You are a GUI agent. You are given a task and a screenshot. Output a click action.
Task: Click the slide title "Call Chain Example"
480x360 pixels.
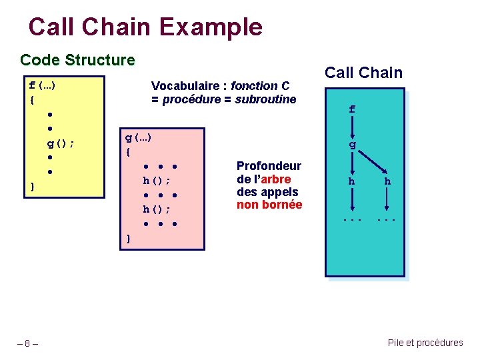(145, 27)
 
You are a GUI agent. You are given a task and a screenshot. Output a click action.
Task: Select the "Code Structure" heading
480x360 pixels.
(77, 61)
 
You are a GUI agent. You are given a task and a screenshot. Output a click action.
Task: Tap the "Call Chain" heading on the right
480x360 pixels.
(363, 73)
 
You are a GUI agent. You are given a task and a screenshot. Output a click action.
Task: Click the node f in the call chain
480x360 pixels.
(352, 109)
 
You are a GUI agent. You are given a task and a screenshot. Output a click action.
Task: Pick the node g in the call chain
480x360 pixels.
(352, 145)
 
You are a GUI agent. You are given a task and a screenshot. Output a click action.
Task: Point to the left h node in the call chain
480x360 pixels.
(352, 181)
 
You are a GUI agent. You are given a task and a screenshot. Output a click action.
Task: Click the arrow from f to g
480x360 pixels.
(352, 127)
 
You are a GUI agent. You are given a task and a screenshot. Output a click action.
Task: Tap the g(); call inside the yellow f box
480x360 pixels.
(60, 143)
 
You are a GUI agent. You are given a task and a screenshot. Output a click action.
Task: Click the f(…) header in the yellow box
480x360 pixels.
(42, 85)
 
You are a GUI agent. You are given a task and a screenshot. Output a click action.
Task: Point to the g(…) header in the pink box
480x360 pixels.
(139, 137)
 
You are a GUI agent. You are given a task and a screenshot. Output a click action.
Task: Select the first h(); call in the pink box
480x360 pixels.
(157, 180)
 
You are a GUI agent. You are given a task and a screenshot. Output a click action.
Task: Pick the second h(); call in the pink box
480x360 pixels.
(157, 209)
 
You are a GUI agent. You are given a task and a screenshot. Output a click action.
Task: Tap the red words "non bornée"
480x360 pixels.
(269, 205)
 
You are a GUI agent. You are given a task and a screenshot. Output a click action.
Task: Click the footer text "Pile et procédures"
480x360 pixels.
(425, 343)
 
